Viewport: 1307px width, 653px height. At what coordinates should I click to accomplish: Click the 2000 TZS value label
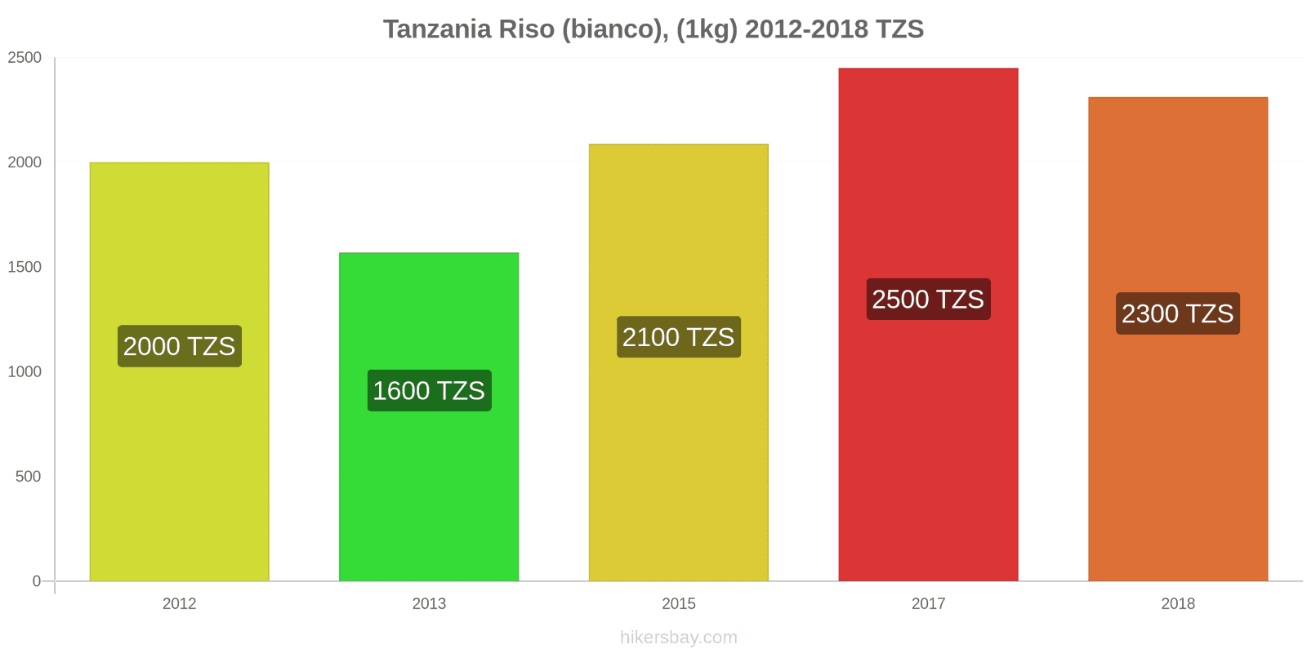point(179,346)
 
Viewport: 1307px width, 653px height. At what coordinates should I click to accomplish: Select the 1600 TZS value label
point(429,390)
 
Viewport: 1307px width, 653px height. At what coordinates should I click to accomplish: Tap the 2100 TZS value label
point(678,337)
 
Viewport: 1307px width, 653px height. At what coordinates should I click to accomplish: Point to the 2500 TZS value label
point(928,300)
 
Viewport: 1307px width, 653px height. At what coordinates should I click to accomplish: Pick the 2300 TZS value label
point(1177,313)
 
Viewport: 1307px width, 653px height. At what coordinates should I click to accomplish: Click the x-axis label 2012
point(179,604)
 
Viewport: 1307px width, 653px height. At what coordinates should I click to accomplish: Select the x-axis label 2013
point(429,604)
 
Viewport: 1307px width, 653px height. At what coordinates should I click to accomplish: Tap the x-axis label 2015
point(678,604)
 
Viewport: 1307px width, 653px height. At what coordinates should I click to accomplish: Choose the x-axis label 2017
point(928,604)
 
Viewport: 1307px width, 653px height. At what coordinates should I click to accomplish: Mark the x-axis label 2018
point(1177,604)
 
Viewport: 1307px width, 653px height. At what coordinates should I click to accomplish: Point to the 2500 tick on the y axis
point(25,58)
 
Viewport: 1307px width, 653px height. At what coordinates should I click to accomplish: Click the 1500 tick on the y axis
point(25,267)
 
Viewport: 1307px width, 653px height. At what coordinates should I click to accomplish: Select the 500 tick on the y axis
point(28,477)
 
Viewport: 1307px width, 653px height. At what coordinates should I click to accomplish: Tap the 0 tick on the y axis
point(36,581)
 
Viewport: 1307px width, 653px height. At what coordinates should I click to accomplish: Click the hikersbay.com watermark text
point(678,637)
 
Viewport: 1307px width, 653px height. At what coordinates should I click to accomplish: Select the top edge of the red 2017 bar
point(928,69)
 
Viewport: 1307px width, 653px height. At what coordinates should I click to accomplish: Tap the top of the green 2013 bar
point(429,253)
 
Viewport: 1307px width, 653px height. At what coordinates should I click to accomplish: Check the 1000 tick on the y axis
point(25,372)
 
